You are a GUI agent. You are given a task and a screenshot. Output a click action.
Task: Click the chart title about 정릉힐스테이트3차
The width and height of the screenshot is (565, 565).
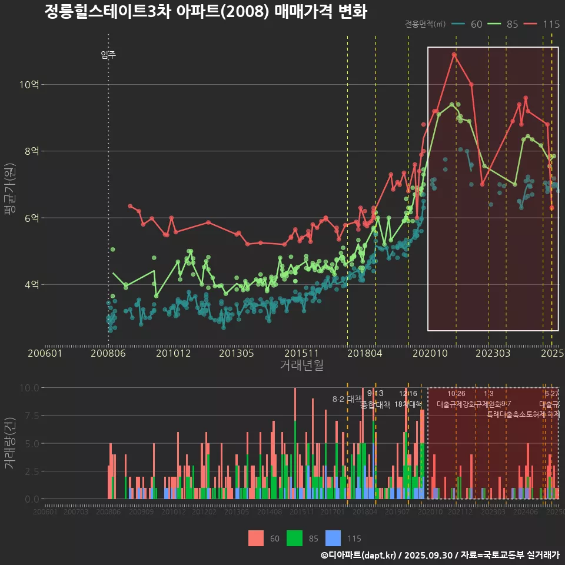pos(205,12)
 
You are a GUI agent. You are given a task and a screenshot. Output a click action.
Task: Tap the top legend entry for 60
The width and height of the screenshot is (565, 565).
pos(468,24)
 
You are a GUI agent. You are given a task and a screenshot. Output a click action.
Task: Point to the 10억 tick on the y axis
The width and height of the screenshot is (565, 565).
pos(29,84)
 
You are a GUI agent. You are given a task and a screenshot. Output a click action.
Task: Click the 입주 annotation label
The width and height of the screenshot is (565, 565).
pos(108,55)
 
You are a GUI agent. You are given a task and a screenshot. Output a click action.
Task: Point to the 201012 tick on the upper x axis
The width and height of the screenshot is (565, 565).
pos(174,353)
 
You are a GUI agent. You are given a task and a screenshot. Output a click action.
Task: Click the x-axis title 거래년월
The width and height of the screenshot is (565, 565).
pos(301,365)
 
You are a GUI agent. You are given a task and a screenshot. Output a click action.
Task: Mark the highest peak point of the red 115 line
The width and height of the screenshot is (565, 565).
pos(454,55)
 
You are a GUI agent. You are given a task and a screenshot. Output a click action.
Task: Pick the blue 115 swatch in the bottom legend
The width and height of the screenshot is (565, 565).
pos(333,538)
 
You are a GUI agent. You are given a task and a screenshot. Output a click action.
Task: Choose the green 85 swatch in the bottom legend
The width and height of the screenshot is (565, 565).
pos(294,538)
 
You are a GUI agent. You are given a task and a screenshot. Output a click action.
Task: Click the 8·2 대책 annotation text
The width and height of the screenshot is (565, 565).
pos(347,399)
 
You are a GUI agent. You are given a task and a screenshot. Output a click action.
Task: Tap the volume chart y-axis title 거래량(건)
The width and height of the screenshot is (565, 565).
pos(9,443)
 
